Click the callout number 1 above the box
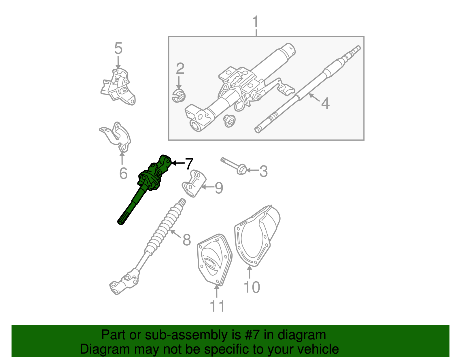tap(255, 22)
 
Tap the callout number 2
tap(180, 69)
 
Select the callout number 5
tap(118, 48)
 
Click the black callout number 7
tap(189, 164)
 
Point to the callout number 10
tap(252, 287)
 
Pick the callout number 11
tap(217, 306)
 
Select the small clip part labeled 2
tap(179, 96)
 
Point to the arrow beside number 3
tap(252, 170)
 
